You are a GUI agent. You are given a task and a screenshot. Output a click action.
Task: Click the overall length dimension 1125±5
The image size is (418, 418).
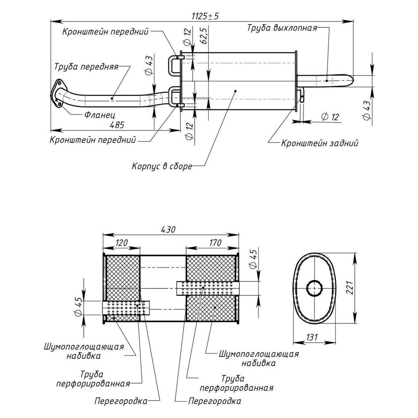pyautogui.click(x=205, y=16)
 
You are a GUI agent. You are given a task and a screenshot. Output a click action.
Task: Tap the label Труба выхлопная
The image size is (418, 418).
pyautogui.click(x=282, y=28)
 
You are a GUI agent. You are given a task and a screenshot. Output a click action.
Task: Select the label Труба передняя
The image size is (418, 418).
pyautogui.click(x=86, y=67)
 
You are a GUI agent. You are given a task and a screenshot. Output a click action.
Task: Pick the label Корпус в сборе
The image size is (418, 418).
pyautogui.click(x=162, y=166)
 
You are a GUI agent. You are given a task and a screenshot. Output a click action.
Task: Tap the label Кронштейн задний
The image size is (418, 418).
pyautogui.click(x=319, y=143)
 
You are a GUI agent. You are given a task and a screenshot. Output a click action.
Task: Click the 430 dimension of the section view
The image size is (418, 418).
pyautogui.click(x=168, y=230)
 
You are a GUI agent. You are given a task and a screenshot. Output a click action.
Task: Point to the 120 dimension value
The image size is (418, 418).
pyautogui.click(x=122, y=243)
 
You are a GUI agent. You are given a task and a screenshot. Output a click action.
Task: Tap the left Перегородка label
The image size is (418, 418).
pyautogui.click(x=121, y=401)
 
